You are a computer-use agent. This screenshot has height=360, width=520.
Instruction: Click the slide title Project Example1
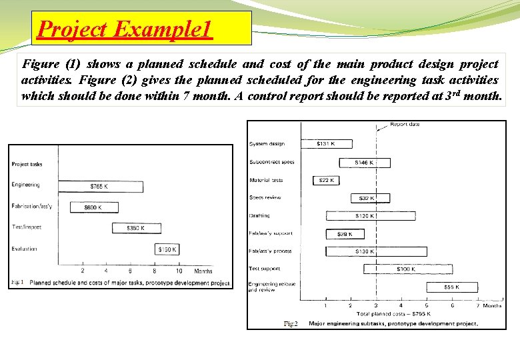125,29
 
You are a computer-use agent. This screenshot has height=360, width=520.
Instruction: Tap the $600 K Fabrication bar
94,207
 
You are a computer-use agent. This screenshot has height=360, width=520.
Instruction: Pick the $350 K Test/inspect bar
136,228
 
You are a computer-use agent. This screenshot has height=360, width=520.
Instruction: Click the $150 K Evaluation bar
167,249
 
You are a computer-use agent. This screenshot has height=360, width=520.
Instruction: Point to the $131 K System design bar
325,143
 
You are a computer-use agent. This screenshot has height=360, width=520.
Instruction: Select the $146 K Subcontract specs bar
365,162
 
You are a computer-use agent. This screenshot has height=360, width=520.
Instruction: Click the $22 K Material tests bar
325,180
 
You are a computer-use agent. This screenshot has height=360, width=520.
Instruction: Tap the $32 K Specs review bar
364,198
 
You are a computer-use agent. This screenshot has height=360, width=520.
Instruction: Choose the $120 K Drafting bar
370,216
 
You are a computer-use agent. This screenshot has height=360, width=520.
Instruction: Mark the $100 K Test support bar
396,269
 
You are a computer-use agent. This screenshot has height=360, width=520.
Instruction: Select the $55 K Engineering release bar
452,287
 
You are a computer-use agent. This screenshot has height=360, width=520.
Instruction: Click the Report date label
405,125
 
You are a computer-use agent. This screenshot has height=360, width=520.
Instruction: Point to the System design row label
267,144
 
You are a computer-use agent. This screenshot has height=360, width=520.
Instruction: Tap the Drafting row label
259,216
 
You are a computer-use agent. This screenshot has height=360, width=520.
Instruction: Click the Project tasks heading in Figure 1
27,164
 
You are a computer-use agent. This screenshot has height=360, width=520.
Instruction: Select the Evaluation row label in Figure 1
24,249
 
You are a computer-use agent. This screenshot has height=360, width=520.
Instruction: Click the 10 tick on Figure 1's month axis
178,271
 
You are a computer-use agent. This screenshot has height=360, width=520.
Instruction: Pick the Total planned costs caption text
393,313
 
